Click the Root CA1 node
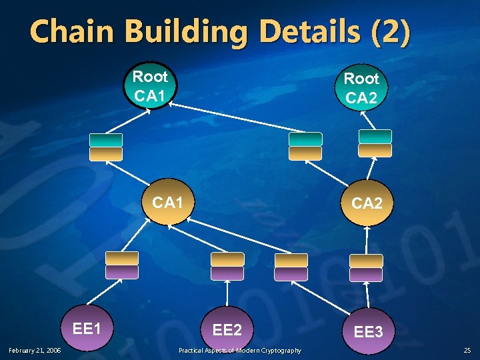[x=150, y=86]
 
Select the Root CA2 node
[x=361, y=88]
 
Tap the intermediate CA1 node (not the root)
[x=168, y=202]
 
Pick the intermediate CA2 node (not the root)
[x=367, y=203]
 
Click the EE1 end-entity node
[x=87, y=328]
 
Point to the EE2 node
[x=227, y=329]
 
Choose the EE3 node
[x=368, y=331]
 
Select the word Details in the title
[x=299, y=32]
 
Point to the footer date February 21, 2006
[x=35, y=350]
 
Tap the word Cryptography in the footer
[x=279, y=350]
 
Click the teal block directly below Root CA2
[x=375, y=137]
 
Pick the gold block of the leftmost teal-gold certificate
[x=107, y=154]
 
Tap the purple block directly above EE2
[x=227, y=273]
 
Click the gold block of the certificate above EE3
[x=366, y=261]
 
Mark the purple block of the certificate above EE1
[x=122, y=272]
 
